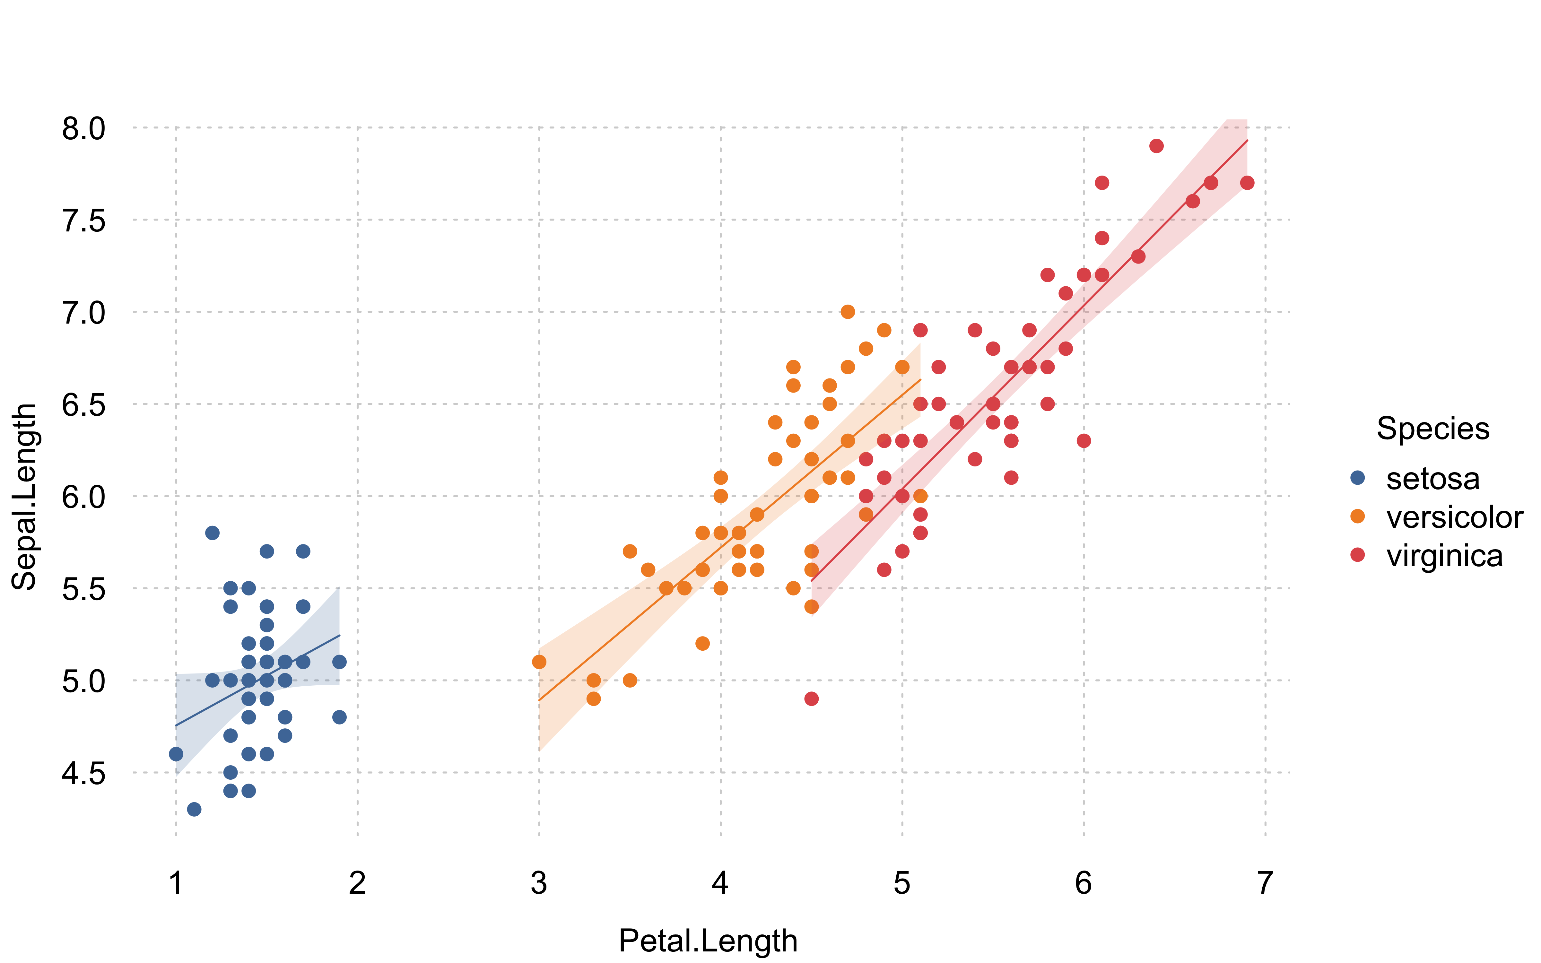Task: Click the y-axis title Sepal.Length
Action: [24, 497]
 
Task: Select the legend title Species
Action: [1433, 429]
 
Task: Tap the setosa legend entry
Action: [1433, 479]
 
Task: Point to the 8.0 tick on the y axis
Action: [83, 129]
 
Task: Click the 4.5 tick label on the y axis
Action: [83, 774]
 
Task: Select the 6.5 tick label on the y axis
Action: [83, 405]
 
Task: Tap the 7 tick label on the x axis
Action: [1265, 883]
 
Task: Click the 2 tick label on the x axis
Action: [357, 883]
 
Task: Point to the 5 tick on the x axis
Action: [902, 883]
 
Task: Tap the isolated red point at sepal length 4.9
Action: [811, 699]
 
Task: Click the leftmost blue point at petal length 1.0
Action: [176, 754]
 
